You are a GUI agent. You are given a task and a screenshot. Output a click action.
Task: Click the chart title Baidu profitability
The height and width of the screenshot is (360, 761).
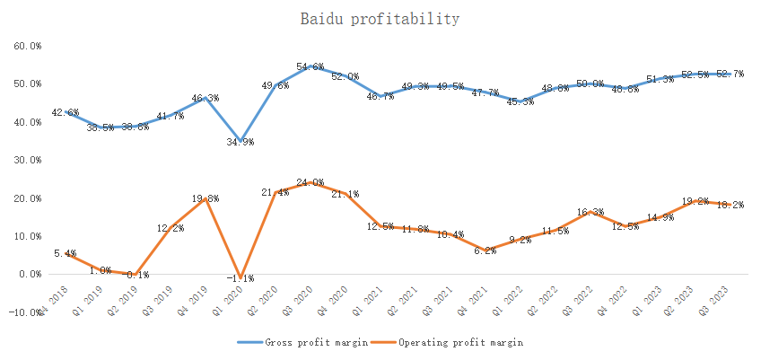point(380,19)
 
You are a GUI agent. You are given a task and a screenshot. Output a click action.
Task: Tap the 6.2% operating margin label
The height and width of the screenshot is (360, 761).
point(485,250)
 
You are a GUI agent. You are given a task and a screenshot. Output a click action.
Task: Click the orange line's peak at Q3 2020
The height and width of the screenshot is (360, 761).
point(311,183)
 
